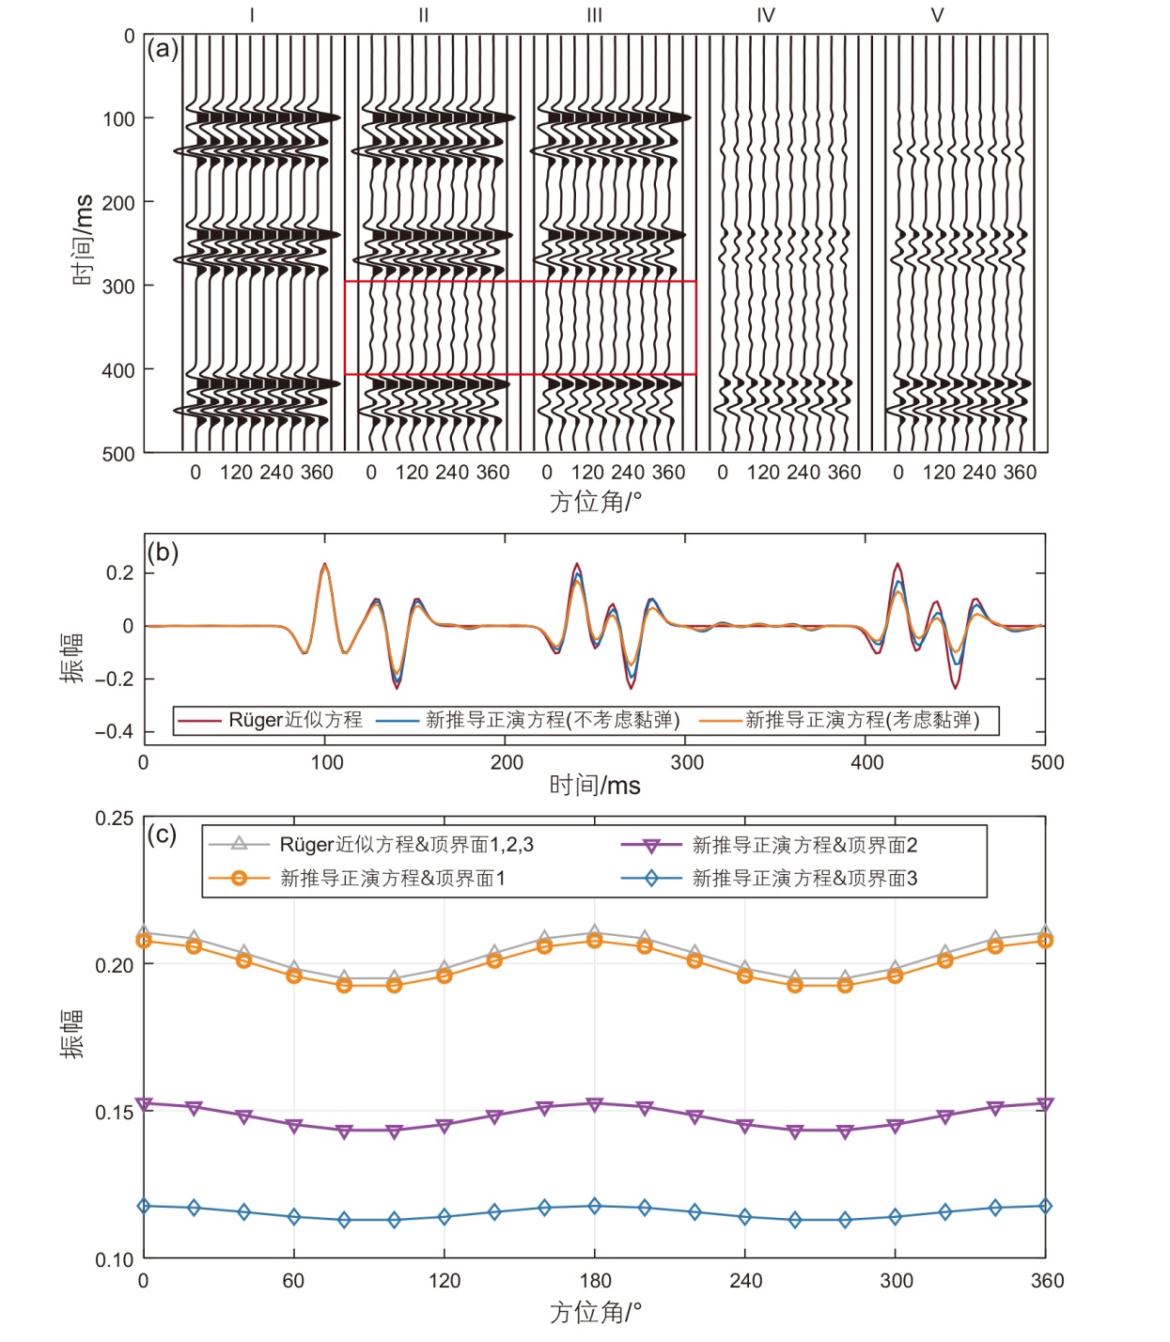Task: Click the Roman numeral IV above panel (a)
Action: click(x=766, y=15)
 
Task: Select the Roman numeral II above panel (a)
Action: click(x=424, y=15)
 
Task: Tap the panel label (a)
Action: click(x=163, y=49)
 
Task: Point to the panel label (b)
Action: click(x=163, y=552)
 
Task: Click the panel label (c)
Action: click(x=163, y=835)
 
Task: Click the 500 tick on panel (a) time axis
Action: click(x=118, y=454)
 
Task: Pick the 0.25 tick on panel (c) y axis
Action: click(x=115, y=819)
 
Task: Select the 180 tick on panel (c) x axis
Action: click(x=595, y=1281)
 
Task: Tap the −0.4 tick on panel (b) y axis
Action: click(x=114, y=732)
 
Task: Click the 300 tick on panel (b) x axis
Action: click(x=687, y=762)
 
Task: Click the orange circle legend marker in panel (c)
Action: click(x=239, y=878)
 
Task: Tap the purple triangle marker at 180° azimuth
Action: click(x=595, y=1105)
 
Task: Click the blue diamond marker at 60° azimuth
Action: click(x=294, y=1217)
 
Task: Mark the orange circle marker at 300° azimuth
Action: click(x=896, y=975)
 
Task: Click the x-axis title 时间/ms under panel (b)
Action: click(x=595, y=786)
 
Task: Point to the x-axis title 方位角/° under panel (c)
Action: click(x=595, y=1312)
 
